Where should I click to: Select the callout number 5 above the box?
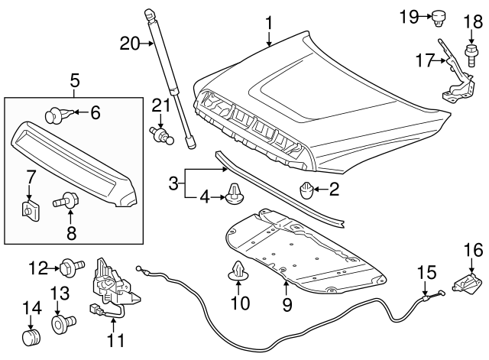(x=74, y=79)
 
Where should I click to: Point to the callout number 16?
(x=473, y=249)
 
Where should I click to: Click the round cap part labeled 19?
(x=439, y=15)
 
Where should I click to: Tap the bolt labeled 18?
(x=470, y=54)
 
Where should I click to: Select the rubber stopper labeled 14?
(x=31, y=336)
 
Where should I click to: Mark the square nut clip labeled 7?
(x=31, y=206)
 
